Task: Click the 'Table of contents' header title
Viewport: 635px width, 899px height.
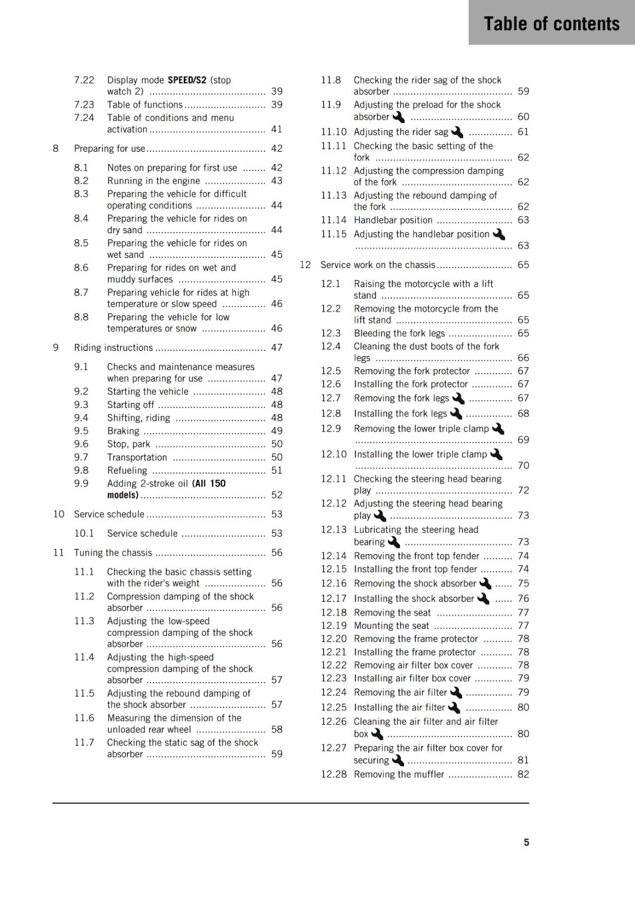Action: click(x=551, y=24)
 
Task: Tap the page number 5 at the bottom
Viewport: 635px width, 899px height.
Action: click(x=527, y=842)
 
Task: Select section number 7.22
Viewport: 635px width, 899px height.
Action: click(x=84, y=80)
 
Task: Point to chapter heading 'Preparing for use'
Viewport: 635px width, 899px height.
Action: click(x=110, y=148)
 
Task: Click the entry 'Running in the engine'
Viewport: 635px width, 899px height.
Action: click(x=153, y=181)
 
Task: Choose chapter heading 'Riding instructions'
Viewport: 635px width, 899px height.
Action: click(x=113, y=347)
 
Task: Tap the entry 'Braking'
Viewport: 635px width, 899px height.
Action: click(x=123, y=431)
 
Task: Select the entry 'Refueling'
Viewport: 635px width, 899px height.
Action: click(x=127, y=470)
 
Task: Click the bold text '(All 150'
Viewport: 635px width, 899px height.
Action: click(x=208, y=483)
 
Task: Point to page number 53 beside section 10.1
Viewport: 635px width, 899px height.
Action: click(x=276, y=533)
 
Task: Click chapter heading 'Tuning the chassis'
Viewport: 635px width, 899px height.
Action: click(x=113, y=552)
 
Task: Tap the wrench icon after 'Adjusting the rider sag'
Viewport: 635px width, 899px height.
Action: click(x=457, y=132)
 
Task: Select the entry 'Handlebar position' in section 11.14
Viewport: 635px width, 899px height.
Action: click(x=393, y=220)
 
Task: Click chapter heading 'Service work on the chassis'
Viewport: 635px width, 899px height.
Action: click(x=378, y=265)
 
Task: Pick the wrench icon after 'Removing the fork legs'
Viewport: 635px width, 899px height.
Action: click(x=458, y=398)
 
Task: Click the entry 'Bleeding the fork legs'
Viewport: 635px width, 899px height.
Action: click(x=399, y=333)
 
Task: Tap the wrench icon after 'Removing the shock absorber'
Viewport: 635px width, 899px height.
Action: click(x=484, y=584)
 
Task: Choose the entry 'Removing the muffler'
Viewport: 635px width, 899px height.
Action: click(x=398, y=774)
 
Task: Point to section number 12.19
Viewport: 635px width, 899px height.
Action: click(x=334, y=625)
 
